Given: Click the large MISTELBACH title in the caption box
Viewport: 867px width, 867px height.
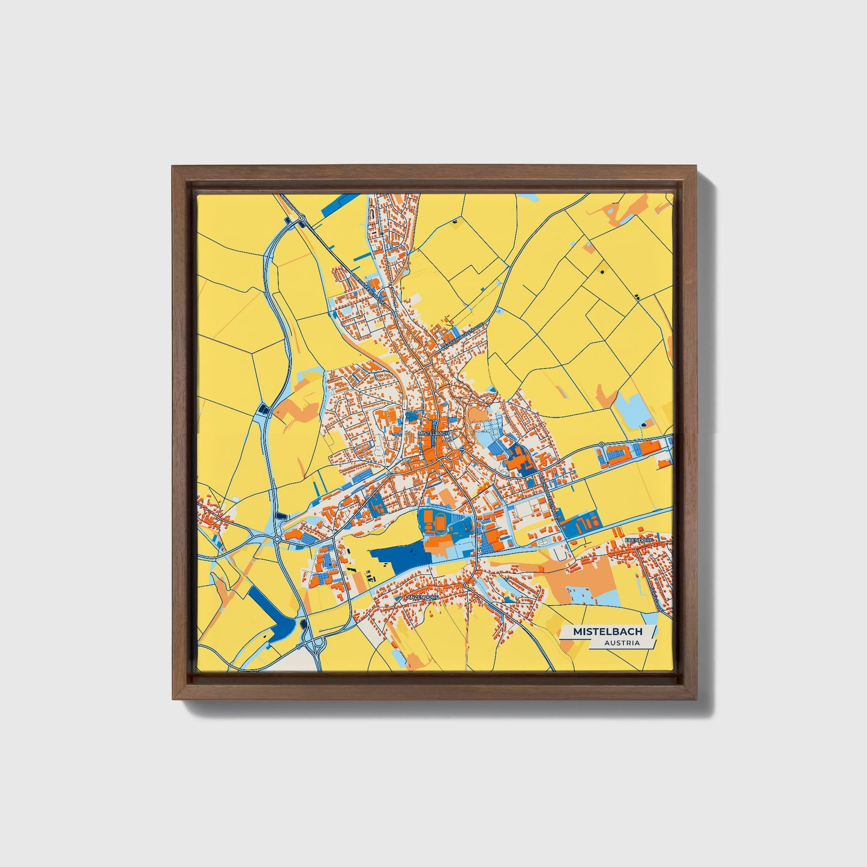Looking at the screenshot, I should [x=607, y=631].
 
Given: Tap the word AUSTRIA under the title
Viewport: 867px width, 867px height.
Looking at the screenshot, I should [x=622, y=643].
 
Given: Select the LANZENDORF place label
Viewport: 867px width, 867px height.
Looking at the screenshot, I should [x=422, y=598].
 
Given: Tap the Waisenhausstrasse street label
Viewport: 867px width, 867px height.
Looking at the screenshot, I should [x=463, y=335].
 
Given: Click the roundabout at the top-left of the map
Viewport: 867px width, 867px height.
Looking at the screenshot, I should [x=302, y=219].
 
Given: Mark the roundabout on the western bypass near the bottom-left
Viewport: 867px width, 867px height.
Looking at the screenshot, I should [x=277, y=539].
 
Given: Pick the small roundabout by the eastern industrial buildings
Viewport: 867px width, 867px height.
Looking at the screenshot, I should [x=601, y=445].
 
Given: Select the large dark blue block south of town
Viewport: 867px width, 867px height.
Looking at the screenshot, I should [x=400, y=559].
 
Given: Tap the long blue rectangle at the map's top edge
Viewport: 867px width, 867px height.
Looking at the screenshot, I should [x=338, y=206].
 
